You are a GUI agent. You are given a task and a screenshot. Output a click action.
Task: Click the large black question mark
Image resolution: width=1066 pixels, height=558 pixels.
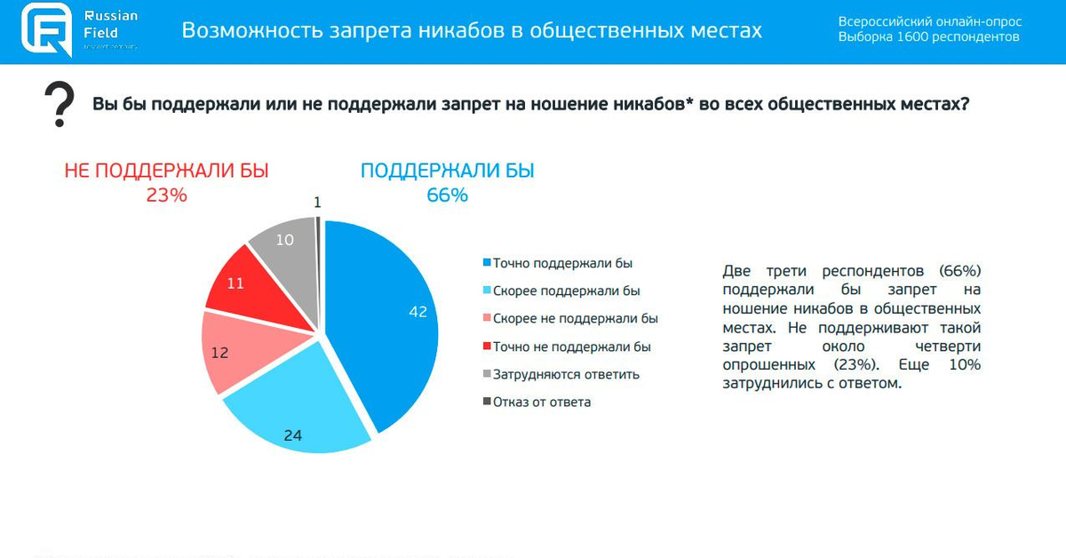click(x=60, y=105)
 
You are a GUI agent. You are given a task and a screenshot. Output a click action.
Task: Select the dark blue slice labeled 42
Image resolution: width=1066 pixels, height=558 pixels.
click(x=391, y=311)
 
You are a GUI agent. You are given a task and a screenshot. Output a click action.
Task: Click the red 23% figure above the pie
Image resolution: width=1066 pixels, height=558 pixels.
click(x=166, y=195)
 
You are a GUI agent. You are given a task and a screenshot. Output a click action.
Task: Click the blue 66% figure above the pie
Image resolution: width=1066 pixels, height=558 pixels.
click(x=447, y=195)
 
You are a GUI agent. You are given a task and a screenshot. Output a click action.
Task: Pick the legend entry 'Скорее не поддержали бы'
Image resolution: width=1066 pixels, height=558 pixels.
click(x=575, y=318)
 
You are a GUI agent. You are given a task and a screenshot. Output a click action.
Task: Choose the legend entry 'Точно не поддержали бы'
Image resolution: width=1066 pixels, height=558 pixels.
click(x=572, y=347)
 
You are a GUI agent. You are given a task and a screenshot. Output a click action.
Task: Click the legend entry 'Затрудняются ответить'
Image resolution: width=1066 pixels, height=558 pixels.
click(x=566, y=374)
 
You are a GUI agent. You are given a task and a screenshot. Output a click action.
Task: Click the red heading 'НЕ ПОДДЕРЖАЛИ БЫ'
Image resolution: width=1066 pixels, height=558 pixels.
click(x=166, y=171)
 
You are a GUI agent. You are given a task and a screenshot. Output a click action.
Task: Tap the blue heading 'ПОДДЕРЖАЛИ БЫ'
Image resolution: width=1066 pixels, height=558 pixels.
click(x=447, y=171)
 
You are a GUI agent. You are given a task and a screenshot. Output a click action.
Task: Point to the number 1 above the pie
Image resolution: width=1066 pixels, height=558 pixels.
click(x=317, y=203)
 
